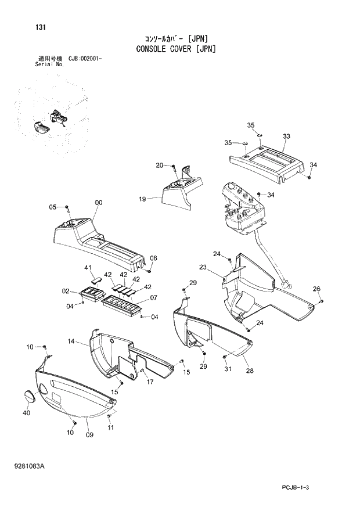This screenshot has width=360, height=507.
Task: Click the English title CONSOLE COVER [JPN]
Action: tap(176, 49)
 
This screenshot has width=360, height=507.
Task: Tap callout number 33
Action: tap(286, 136)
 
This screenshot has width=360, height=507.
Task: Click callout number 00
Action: tap(98, 203)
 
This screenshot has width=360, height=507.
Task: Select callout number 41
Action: tap(88, 268)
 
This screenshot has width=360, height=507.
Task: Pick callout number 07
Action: tap(154, 298)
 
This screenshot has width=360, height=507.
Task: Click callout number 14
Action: tap(71, 342)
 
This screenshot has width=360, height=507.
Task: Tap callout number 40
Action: tap(26, 413)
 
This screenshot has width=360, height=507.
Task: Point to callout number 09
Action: tap(89, 434)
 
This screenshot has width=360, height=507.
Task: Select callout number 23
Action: tap(203, 268)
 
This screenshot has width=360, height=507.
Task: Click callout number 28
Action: tap(249, 371)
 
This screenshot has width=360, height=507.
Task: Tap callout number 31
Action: tap(228, 369)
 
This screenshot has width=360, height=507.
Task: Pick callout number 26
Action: tap(316, 289)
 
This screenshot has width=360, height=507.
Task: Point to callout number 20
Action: tap(159, 166)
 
